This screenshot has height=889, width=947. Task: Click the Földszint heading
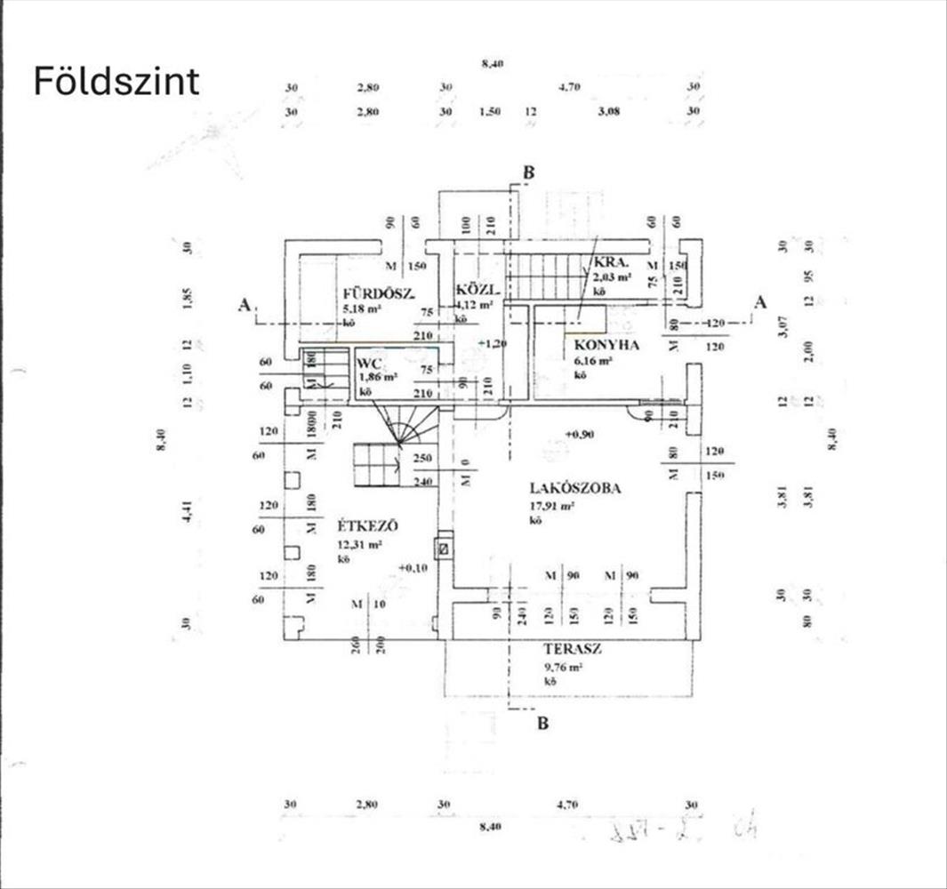pos(116,82)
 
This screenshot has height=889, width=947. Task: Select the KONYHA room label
pos(606,345)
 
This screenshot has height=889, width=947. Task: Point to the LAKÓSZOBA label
pos(574,487)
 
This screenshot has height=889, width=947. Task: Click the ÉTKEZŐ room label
pos(367,525)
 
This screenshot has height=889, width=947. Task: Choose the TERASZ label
pos(574,649)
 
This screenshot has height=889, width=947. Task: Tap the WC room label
pos(369,363)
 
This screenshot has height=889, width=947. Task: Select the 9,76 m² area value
pos(564,667)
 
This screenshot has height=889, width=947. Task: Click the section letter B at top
pos(528,173)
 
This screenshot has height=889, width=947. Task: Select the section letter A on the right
pos(759,302)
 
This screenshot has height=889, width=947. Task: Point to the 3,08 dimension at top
pos(607,112)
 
